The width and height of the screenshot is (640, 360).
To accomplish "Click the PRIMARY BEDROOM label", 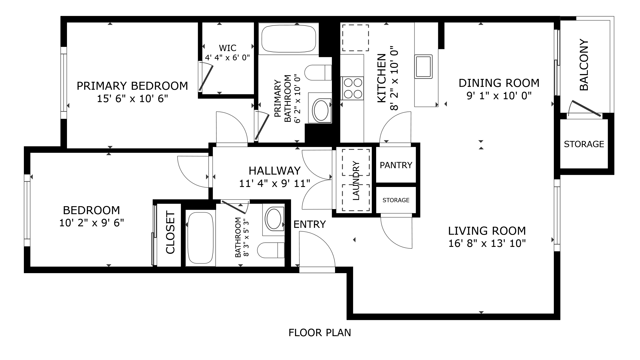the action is pyautogui.click(x=132, y=86).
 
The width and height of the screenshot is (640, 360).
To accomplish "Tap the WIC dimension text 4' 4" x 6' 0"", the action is pyautogui.click(x=227, y=58).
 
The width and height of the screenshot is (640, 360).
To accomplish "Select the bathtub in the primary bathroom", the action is pyautogui.click(x=289, y=39).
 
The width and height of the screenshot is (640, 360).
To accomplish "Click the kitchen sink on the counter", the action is pyautogui.click(x=424, y=66).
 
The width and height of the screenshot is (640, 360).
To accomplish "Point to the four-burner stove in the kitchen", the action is pyautogui.click(x=353, y=88).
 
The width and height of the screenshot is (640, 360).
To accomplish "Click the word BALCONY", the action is pyautogui.click(x=584, y=65).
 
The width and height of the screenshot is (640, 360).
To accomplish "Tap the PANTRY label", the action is pyautogui.click(x=396, y=165).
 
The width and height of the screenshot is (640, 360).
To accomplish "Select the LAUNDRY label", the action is pyautogui.click(x=356, y=180).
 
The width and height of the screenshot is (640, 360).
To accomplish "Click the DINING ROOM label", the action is pyautogui.click(x=499, y=83).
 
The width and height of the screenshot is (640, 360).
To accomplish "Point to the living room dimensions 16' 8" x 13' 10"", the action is pyautogui.click(x=487, y=244).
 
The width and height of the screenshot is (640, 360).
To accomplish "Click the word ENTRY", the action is pyautogui.click(x=310, y=224).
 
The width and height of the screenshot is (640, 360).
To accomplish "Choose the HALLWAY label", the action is pyautogui.click(x=275, y=170).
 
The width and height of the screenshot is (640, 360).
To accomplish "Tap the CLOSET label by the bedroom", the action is pyautogui.click(x=170, y=232).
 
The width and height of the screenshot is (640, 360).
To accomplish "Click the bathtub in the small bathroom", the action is pyautogui.click(x=200, y=238).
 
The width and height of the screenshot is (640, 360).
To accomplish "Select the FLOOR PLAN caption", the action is pyautogui.click(x=320, y=333).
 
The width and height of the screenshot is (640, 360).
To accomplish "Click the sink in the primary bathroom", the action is pyautogui.click(x=320, y=109).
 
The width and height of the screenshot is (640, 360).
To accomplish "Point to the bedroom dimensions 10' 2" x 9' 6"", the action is pyautogui.click(x=92, y=223).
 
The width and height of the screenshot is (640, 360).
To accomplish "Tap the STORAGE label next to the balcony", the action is pyautogui.click(x=584, y=144).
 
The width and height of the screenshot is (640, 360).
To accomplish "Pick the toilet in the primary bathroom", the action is pyautogui.click(x=318, y=73).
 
